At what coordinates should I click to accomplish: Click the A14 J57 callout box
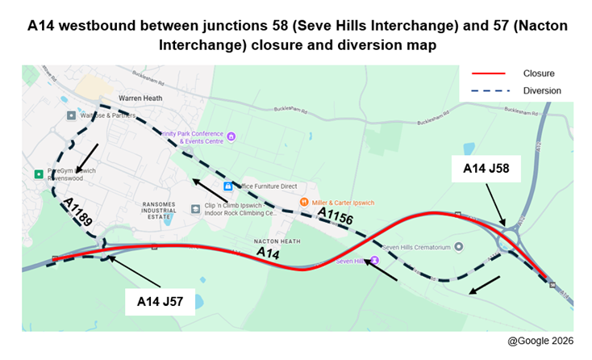[x=159, y=302]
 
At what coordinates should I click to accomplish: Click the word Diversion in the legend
[x=541, y=90]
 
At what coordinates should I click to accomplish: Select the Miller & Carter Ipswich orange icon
[x=304, y=202]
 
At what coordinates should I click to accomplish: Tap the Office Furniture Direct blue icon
[x=227, y=186]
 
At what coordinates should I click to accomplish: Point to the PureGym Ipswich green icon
[x=38, y=174]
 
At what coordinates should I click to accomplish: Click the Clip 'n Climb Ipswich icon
[x=195, y=208]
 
